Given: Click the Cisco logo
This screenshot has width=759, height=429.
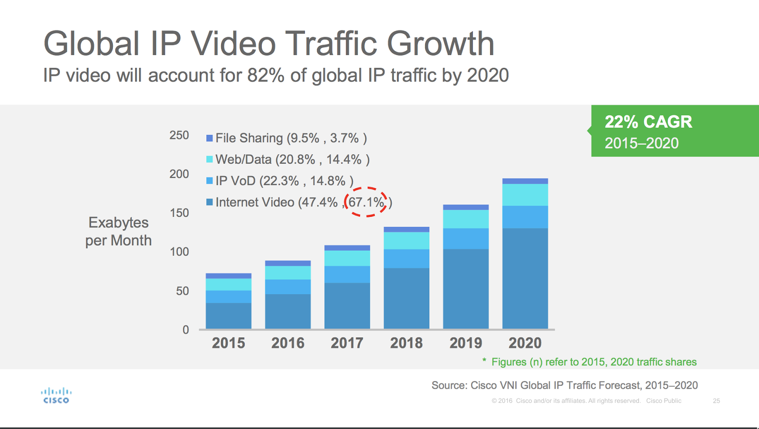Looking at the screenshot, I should pos(56,395).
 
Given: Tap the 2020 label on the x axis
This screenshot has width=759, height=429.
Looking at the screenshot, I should pos(525,343).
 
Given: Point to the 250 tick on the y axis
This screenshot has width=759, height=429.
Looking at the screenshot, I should pos(179,135).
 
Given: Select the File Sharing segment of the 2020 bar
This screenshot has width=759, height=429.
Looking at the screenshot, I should pos(525,181).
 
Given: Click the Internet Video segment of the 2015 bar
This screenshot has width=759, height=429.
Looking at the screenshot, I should pos(228,316).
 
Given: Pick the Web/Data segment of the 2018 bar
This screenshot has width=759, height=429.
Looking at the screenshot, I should pos(406,241).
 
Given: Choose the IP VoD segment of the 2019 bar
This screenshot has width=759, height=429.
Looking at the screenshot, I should pos(465,239).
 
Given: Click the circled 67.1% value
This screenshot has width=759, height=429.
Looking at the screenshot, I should pos(366,202).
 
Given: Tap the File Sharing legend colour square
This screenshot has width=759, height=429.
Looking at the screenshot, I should pos(209,138).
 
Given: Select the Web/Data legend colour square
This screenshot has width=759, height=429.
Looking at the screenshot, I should pos(209,159).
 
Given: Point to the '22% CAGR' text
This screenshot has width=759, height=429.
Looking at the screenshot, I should pos(648,122).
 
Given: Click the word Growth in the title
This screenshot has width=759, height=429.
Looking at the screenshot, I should pos(440,44).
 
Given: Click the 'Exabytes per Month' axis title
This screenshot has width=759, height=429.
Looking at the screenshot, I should pos(119,232).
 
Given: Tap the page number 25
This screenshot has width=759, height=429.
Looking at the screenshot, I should pos(716,401).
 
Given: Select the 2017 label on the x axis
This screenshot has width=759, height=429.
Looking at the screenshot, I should pos(347,343).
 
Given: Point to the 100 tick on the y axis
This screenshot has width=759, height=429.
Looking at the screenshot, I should pos(179,252).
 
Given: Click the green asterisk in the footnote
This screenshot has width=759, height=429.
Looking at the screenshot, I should pos(484,361).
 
